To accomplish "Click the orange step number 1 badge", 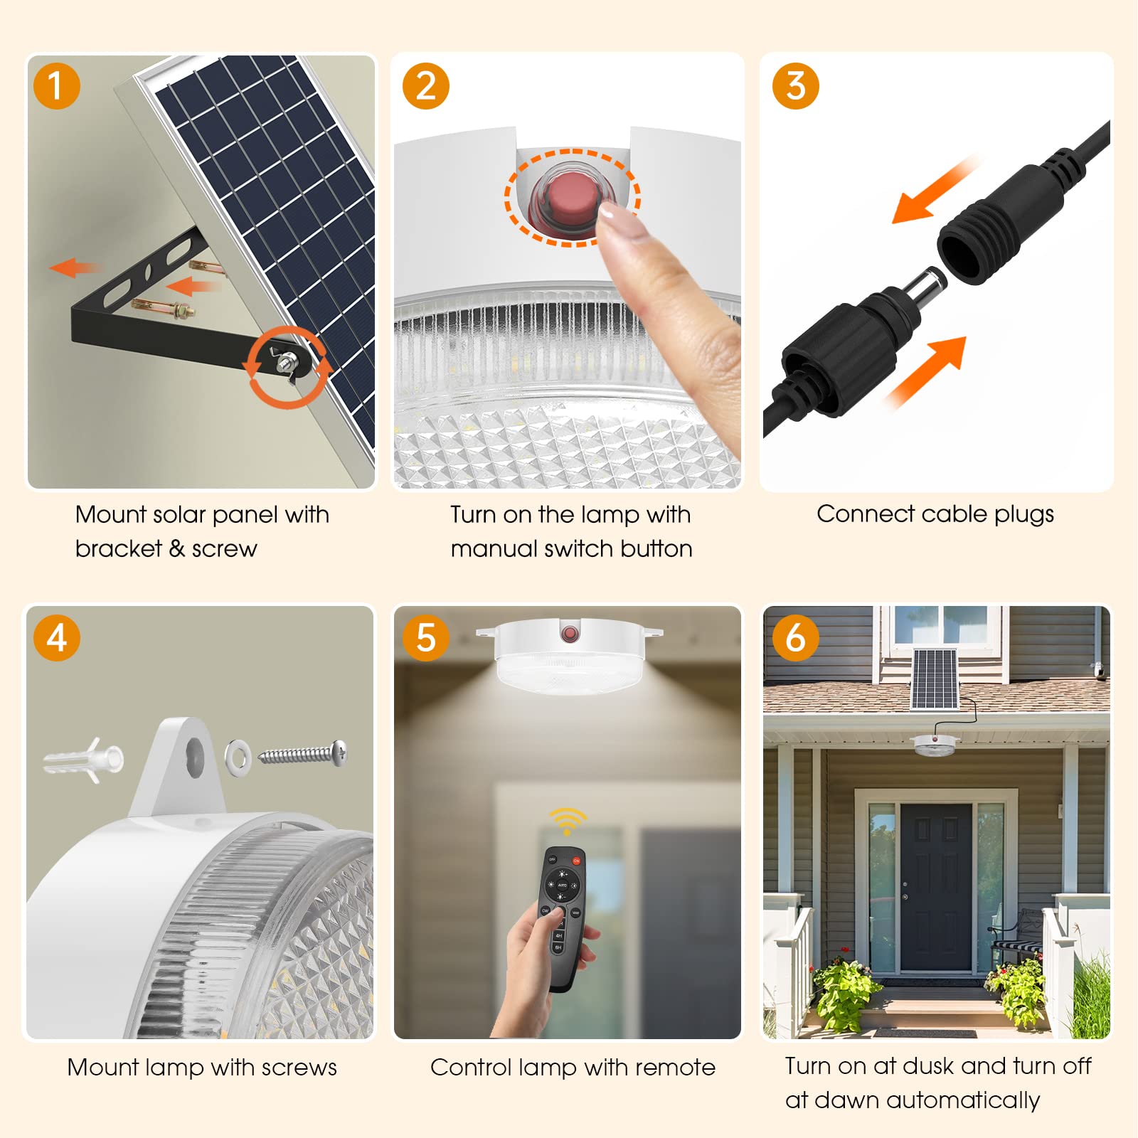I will (x=56, y=86).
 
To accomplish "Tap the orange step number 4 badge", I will (x=56, y=637).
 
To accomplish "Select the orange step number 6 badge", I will (x=795, y=637).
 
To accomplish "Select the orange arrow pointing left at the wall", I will (x=74, y=268).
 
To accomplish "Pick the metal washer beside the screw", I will (x=238, y=757).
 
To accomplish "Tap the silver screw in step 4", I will (x=303, y=754).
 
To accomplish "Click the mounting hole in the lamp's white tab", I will (x=193, y=753).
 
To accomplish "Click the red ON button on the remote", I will (x=576, y=861).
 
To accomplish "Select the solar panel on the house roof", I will (x=934, y=679).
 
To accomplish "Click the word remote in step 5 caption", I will (x=675, y=1067).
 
